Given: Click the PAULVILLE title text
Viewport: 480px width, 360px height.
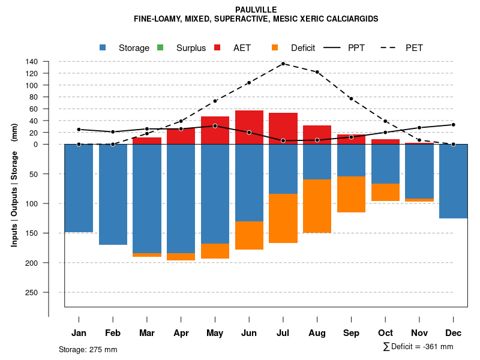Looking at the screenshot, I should tap(256, 10).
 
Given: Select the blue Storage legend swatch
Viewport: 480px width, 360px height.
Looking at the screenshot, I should tap(103, 47).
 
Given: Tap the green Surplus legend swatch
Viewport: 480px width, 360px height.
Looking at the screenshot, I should tap(160, 47).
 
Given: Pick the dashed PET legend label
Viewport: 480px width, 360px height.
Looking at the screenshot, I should tap(414, 48).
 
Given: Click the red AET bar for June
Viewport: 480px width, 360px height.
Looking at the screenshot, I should tap(249, 127).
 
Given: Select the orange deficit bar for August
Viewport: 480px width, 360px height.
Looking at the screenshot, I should tap(317, 206).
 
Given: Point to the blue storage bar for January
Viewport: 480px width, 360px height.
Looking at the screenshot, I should tap(79, 188).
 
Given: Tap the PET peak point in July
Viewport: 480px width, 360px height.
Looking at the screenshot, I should tap(283, 64).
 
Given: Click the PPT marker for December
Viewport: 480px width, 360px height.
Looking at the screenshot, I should tap(454, 125).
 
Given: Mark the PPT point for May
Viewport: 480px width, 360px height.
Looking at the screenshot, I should tap(215, 126).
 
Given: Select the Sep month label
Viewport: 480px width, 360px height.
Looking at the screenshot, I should tap(351, 333).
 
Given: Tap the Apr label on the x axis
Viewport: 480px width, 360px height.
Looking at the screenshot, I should tap(181, 333).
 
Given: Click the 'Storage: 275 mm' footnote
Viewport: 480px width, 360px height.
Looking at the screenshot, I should tap(88, 349).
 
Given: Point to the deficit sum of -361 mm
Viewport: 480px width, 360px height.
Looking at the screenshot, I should tap(418, 347).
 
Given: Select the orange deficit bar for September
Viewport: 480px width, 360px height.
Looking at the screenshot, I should tap(351, 194).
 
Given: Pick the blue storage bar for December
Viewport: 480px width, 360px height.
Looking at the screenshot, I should tap(454, 181).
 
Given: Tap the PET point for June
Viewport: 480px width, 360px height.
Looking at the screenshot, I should tap(249, 83).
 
